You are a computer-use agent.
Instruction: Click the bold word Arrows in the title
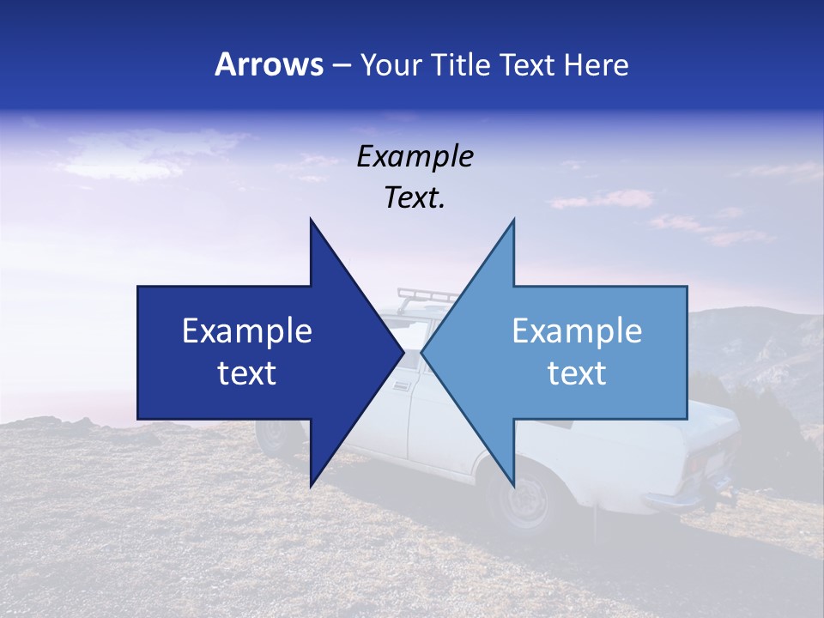point(269,64)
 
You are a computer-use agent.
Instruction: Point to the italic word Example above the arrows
point(415,156)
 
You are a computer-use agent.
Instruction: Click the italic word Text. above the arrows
point(415,198)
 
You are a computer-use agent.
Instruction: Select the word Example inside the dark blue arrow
point(246,330)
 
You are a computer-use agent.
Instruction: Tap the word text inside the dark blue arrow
point(246,373)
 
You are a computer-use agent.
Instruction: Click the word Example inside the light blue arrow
point(577,330)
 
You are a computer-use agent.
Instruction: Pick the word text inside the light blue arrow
point(577,373)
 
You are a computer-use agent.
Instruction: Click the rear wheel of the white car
point(523,498)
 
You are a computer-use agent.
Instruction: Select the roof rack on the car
point(427,297)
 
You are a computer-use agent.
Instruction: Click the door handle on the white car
point(401,385)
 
